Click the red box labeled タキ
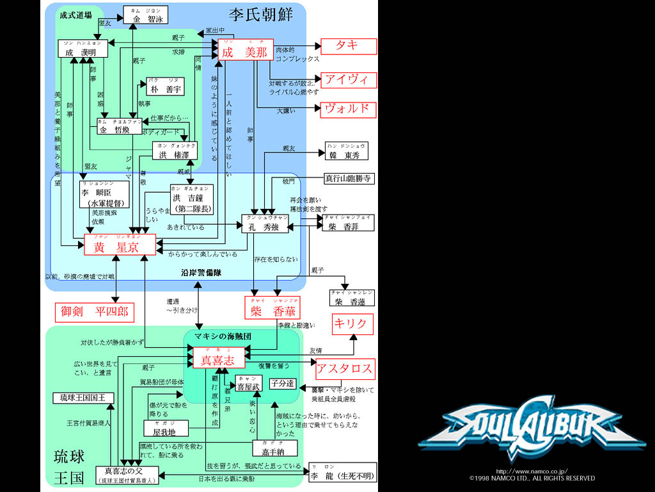pyautogui.click(x=348, y=46)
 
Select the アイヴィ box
pyautogui.click(x=348, y=80)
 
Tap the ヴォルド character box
pyautogui.click(x=348, y=108)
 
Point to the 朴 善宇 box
pyautogui.click(x=165, y=86)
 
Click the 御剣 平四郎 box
pyautogui.click(x=95, y=312)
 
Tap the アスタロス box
pyautogui.click(x=344, y=369)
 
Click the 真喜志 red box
pyautogui.click(x=219, y=357)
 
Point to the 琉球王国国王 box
pyautogui.click(x=83, y=398)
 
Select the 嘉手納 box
pyautogui.click(x=275, y=448)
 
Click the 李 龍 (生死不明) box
pyautogui.click(x=342, y=472)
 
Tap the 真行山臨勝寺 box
pyautogui.click(x=348, y=179)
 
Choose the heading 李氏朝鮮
pyautogui.click(x=260, y=14)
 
